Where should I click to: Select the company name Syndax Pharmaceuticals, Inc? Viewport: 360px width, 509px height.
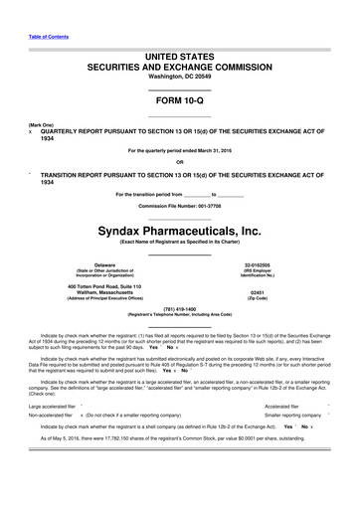179,231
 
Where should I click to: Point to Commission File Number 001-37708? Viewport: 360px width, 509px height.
179,206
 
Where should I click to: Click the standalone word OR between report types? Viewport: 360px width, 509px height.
179,163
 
